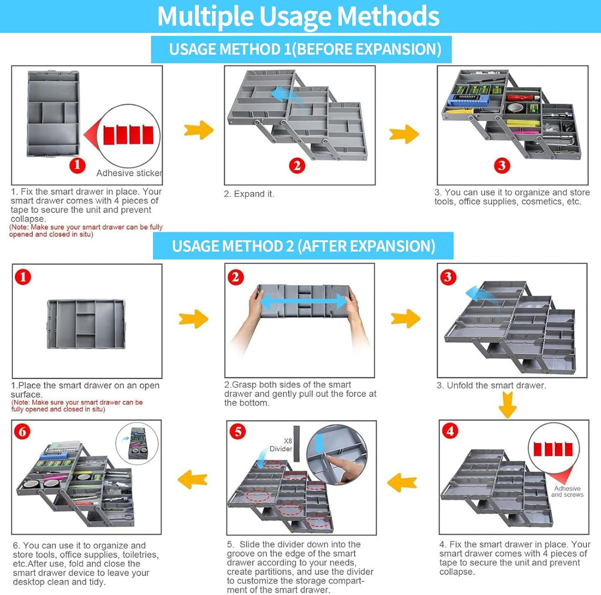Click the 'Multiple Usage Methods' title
tap(298, 16)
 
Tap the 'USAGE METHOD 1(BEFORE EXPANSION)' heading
tap(305, 49)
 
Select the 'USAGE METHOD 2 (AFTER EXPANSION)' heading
tap(303, 246)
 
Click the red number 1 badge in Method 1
tap(77, 165)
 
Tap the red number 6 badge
tap(22, 431)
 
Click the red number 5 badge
tap(238, 431)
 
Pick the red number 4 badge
tap(450, 431)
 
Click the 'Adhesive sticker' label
tap(129, 173)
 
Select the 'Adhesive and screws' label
tap(568, 492)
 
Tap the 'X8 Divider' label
tap(281, 445)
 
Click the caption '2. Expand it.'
tap(249, 194)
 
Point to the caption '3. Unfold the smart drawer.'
tap(491, 386)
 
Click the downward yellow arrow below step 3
tap(508, 405)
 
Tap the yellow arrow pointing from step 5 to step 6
tap(193, 479)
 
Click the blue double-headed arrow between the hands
tap(303, 302)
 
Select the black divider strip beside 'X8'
tap(296, 444)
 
